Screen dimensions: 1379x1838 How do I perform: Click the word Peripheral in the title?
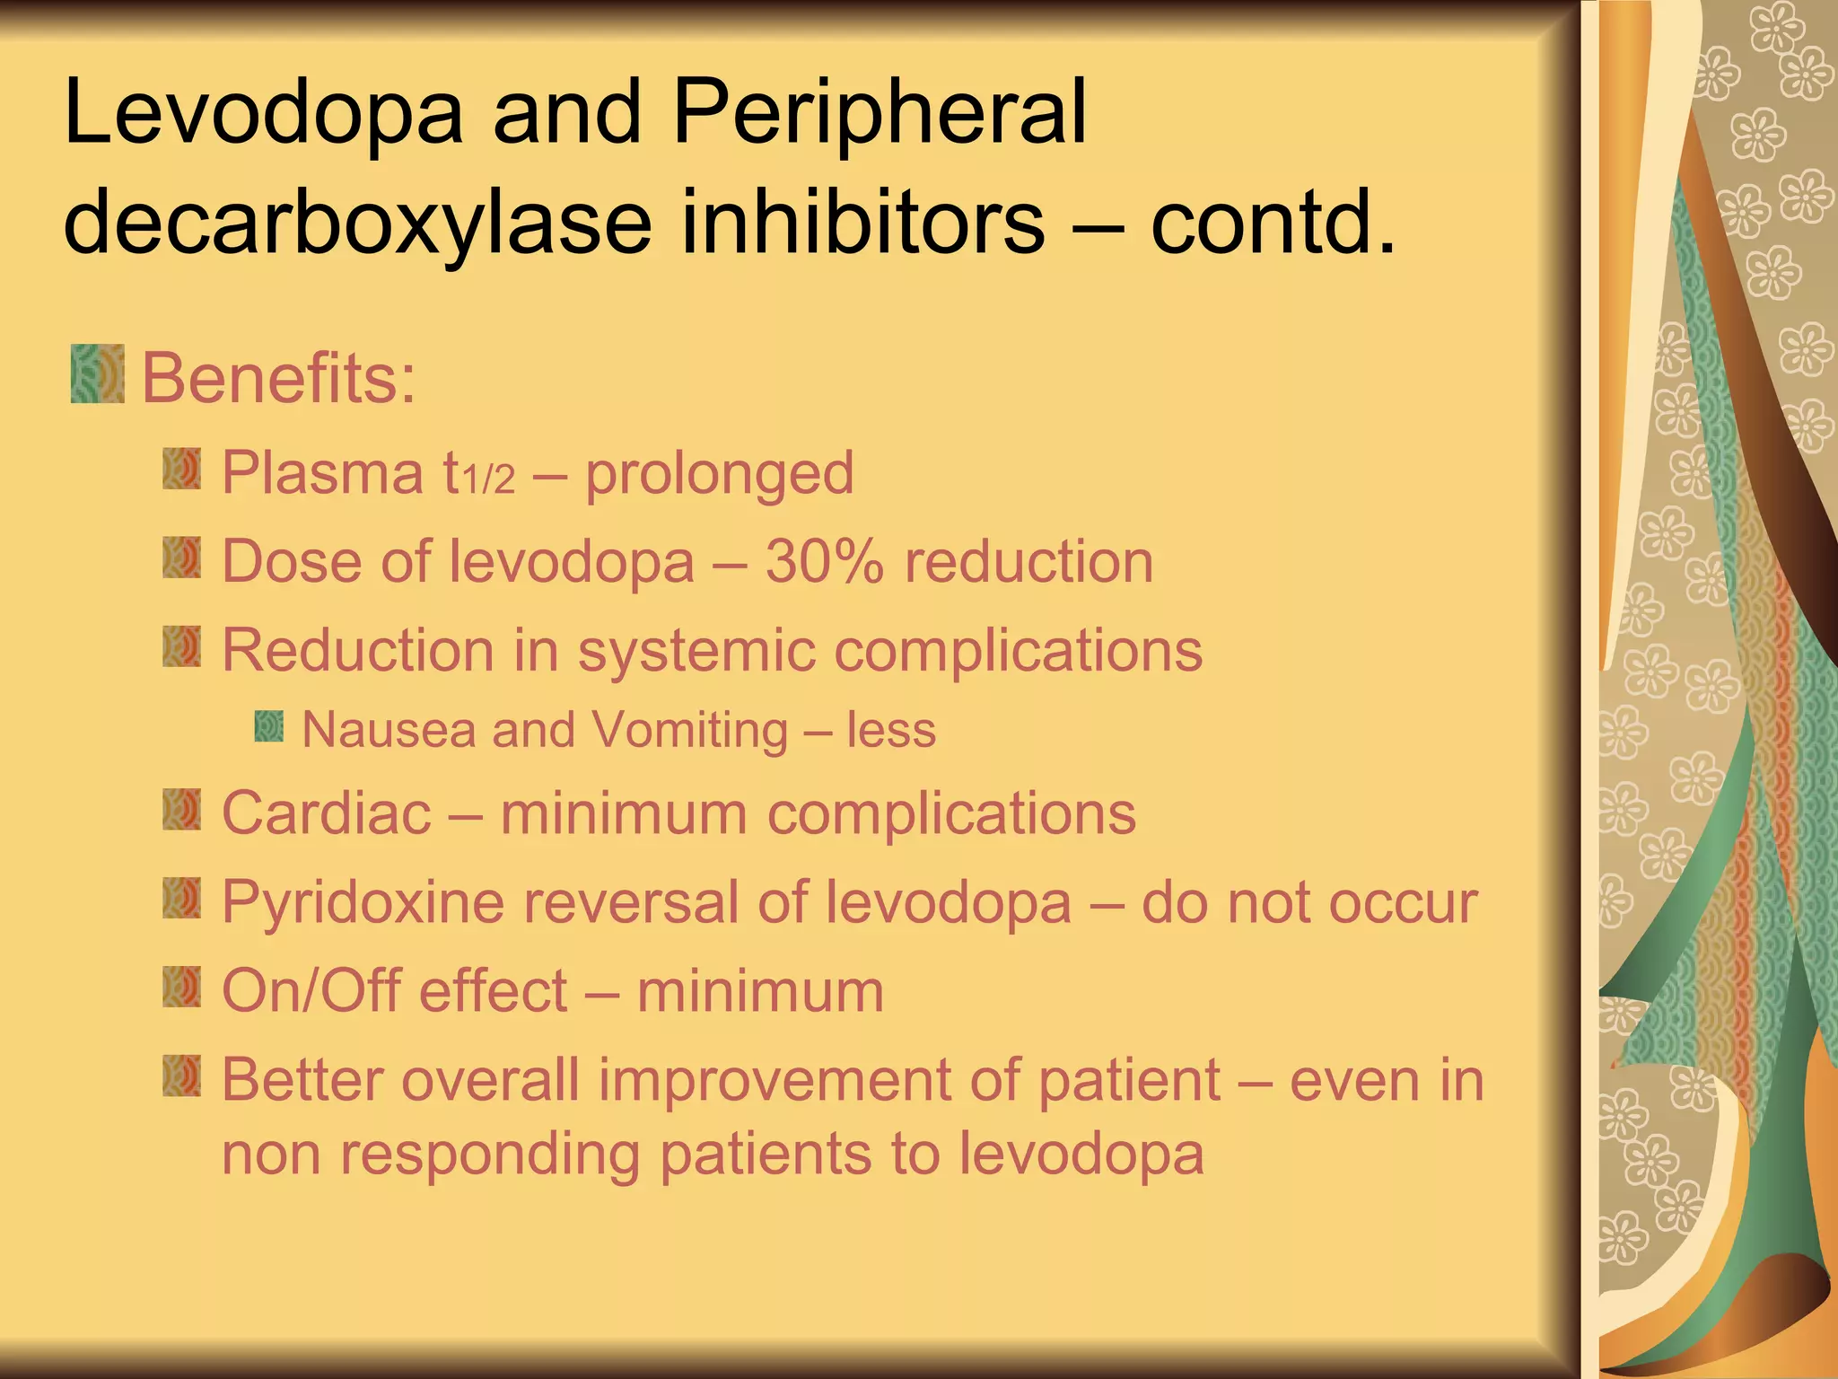coord(880,112)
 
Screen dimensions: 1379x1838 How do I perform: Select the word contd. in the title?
coord(1273,221)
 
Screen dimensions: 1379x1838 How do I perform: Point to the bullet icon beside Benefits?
coord(97,373)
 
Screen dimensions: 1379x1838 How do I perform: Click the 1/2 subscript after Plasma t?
coord(488,481)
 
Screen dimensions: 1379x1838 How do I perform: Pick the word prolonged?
coord(719,474)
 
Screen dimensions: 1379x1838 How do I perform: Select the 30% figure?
coord(824,562)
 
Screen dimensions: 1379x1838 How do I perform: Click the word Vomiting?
coord(689,729)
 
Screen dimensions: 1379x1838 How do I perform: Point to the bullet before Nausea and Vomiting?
coord(268,726)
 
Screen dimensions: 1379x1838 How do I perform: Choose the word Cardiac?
coord(327,813)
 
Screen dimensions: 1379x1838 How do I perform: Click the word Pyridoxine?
coord(363,902)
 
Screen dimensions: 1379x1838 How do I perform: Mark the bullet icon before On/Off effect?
coord(181,988)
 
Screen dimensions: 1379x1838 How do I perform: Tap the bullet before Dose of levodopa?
coord(181,558)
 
